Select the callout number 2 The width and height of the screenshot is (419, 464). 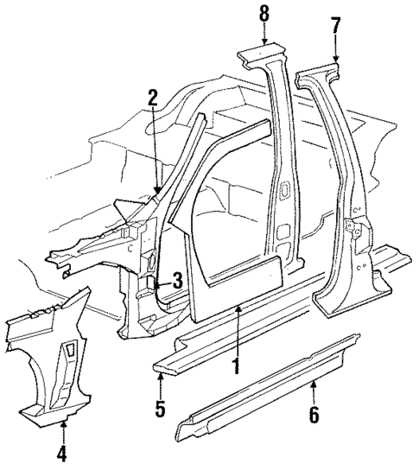[x=152, y=98]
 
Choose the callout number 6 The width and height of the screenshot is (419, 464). [x=314, y=415]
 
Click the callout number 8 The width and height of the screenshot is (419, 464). [x=264, y=14]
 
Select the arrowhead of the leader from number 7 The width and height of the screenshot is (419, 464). [x=335, y=60]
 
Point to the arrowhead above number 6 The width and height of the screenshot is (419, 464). [x=314, y=379]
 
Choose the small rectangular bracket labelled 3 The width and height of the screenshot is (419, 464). [x=150, y=280]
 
